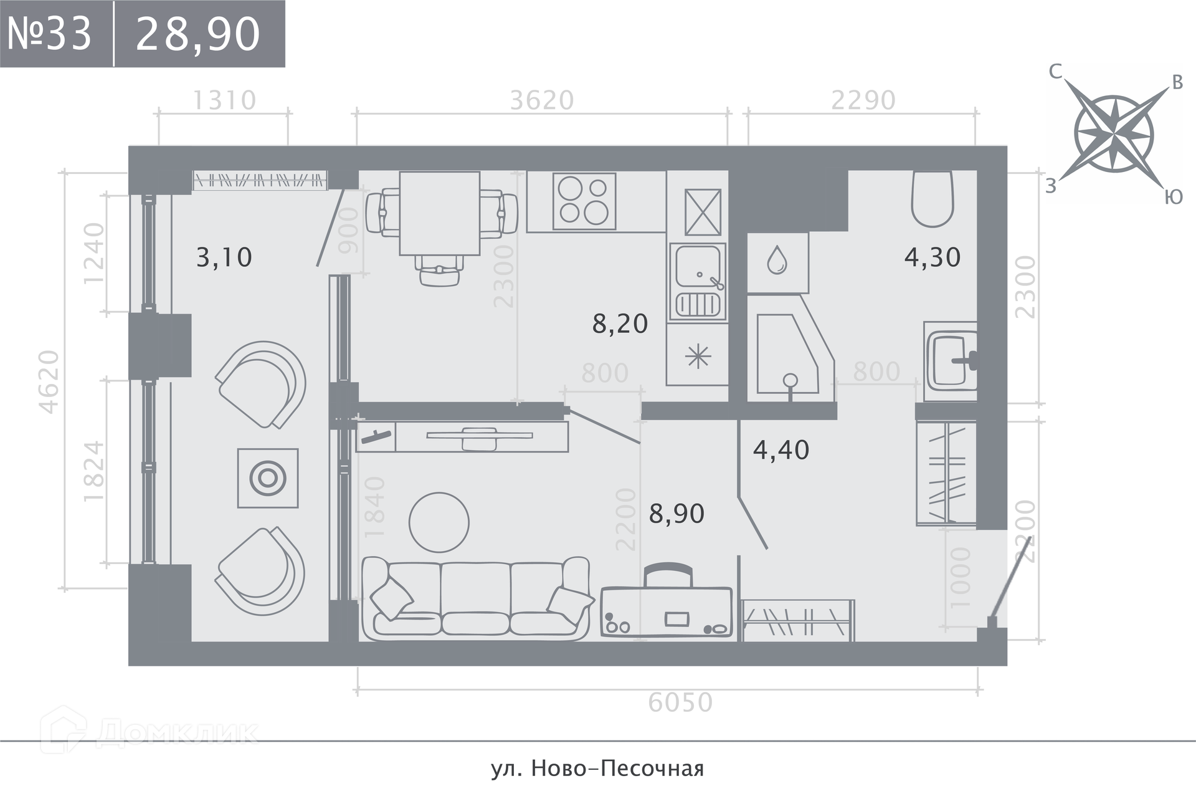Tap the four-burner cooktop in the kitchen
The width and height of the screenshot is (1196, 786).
point(584,201)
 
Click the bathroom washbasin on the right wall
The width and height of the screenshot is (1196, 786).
point(951,361)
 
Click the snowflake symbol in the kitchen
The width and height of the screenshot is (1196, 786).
point(698,357)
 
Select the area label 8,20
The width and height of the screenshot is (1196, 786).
point(620,324)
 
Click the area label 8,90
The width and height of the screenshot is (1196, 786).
point(676,514)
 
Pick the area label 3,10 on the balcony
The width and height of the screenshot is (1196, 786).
point(224,257)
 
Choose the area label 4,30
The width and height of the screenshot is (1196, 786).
point(933,257)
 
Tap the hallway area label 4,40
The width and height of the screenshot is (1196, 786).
point(781,449)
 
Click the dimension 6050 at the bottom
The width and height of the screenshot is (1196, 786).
point(680,702)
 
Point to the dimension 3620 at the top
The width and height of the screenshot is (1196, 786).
point(542,100)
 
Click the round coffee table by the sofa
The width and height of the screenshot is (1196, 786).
point(439,522)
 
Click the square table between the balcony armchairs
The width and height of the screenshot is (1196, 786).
point(268,478)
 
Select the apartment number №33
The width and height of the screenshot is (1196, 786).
point(50,34)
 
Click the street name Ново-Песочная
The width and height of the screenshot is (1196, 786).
point(618,769)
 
